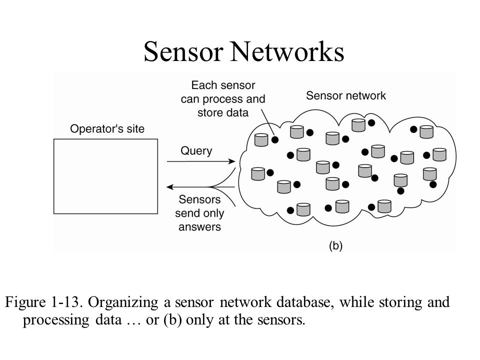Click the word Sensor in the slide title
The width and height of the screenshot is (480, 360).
click(x=183, y=51)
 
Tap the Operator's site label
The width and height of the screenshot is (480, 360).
click(x=107, y=128)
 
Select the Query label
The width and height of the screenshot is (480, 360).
click(x=196, y=151)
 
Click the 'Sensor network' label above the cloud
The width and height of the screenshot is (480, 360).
click(x=346, y=95)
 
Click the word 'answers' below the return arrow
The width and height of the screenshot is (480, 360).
click(x=199, y=227)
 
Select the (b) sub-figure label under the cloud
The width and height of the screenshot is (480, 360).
click(x=335, y=245)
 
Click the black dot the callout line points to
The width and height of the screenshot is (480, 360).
click(x=275, y=139)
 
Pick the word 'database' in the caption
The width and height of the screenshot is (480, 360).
click(x=303, y=302)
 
